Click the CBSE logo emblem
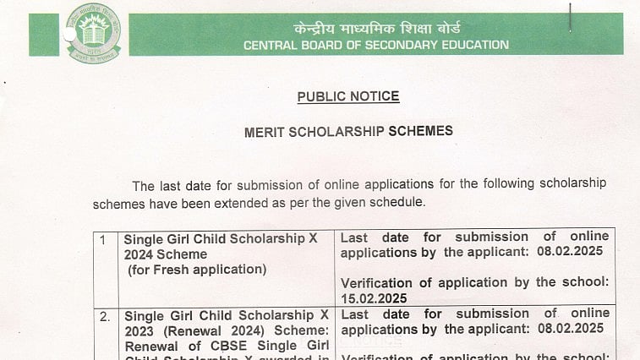(93, 34)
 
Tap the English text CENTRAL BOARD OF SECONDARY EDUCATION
(376, 45)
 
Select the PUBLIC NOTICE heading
(348, 97)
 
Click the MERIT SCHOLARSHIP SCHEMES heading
(348, 132)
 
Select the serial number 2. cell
(104, 316)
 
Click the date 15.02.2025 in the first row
(374, 298)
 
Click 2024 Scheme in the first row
(165, 254)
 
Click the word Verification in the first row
(380, 282)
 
